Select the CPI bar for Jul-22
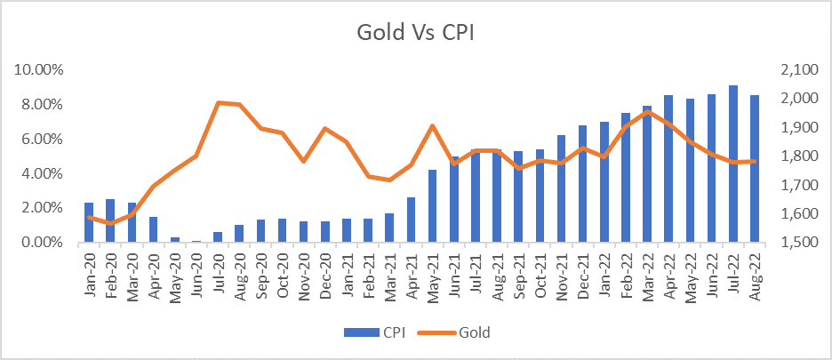point(733,164)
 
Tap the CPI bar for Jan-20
point(89,222)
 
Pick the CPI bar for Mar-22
point(647,174)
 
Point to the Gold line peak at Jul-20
point(219,103)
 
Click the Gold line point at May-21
point(433,125)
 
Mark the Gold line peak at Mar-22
point(647,112)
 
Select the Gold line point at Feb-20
point(111,223)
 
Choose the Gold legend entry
point(464,332)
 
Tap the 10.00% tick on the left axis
point(36,69)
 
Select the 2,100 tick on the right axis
point(796,69)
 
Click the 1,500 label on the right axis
point(796,243)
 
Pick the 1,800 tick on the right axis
point(796,156)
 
